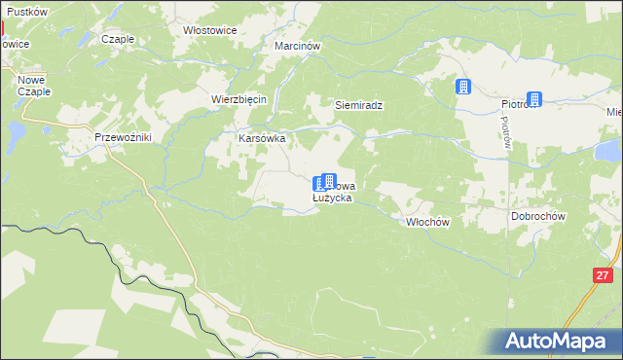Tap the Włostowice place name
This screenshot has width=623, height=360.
click(x=210, y=30)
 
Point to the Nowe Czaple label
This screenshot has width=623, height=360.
click(x=33, y=85)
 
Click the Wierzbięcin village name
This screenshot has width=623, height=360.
click(x=239, y=99)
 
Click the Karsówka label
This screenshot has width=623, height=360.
click(x=262, y=138)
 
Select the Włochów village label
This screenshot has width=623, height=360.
click(x=426, y=222)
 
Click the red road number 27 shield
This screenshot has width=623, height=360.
click(x=602, y=276)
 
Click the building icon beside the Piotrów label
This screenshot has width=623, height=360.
click(x=534, y=98)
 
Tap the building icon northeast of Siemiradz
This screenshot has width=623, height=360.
click(x=464, y=87)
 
